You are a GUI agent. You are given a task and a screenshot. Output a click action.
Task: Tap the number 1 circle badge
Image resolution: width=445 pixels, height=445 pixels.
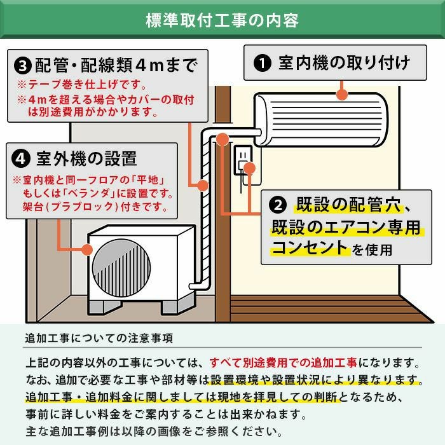pos(260,63)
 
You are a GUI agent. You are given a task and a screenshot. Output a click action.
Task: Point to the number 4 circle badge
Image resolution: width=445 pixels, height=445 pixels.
pos(23,158)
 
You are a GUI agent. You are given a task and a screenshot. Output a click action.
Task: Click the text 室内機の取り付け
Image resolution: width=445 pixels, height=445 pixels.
pos(343,63)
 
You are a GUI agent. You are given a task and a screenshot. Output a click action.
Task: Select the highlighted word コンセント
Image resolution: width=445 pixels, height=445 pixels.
pos(310,248)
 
